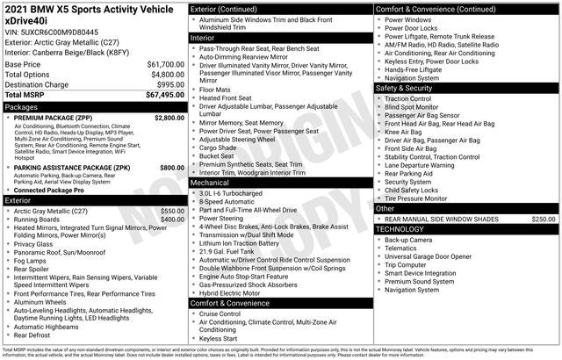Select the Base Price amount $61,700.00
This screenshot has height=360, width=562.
(165, 65)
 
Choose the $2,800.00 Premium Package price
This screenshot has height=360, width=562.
(169, 118)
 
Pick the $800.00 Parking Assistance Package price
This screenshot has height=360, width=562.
(172, 168)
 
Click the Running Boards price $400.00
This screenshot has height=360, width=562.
(172, 220)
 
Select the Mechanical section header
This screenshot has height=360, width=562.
(280, 184)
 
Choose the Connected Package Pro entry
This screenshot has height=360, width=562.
(49, 190)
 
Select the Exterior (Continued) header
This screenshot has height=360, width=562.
(280, 9)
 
